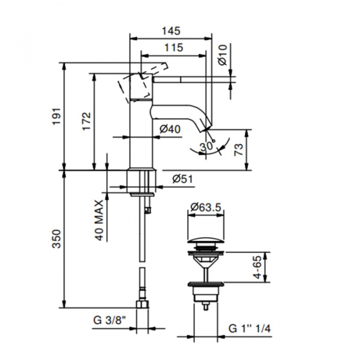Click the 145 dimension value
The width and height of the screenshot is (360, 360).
pyautogui.click(x=171, y=31)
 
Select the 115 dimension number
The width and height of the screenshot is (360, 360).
pyautogui.click(x=174, y=48)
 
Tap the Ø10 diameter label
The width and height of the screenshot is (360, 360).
pyautogui.click(x=222, y=55)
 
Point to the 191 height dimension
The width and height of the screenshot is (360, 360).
pyautogui.click(x=57, y=116)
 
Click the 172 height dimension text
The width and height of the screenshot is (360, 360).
pyautogui.click(x=86, y=121)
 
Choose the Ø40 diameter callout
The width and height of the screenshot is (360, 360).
pyautogui.click(x=170, y=129)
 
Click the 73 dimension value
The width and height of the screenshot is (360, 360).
pyautogui.click(x=238, y=149)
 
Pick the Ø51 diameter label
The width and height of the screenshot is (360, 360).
pyautogui.click(x=183, y=179)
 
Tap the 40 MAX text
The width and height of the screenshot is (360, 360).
pyautogui.click(x=100, y=220)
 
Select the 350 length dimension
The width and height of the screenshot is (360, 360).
pyautogui.click(x=57, y=239)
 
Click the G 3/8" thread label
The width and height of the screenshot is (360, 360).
pyautogui.click(x=110, y=320)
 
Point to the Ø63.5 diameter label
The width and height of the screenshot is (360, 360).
pyautogui.click(x=206, y=208)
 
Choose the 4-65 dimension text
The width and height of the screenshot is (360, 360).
pyautogui.click(x=257, y=267)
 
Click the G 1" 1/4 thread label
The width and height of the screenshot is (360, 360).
pyautogui.click(x=250, y=329)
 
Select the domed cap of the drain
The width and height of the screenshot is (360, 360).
pyautogui.click(x=206, y=241)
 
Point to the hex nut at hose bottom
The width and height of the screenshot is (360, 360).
pyautogui.click(x=142, y=304)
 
